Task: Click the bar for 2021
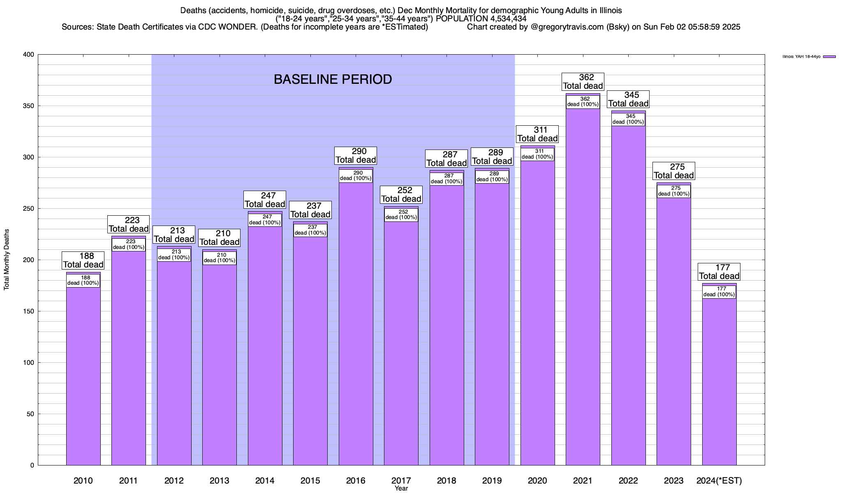[583, 288]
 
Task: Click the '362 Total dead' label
[583, 82]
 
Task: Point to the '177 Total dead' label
[719, 272]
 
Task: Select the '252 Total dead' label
[401, 195]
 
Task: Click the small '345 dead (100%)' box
[628, 119]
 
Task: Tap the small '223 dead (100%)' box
[129, 244]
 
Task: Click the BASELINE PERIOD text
[333, 79]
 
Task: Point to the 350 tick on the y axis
[29, 106]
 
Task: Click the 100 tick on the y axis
[29, 363]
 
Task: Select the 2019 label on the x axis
[492, 481]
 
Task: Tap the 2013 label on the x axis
[219, 481]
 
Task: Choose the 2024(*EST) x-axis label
[719, 481]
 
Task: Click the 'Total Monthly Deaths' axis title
[7, 260]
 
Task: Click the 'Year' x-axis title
[401, 488]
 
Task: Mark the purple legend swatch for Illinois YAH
[829, 57]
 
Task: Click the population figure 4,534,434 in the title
[508, 18]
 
